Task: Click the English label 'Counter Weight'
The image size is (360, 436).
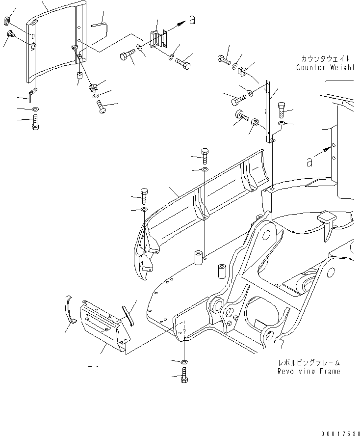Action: tap(325, 67)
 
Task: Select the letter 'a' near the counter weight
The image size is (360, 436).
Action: tap(309, 163)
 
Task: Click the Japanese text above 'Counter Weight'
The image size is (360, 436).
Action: tap(325, 58)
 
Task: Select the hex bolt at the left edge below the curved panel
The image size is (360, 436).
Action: tap(35, 122)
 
